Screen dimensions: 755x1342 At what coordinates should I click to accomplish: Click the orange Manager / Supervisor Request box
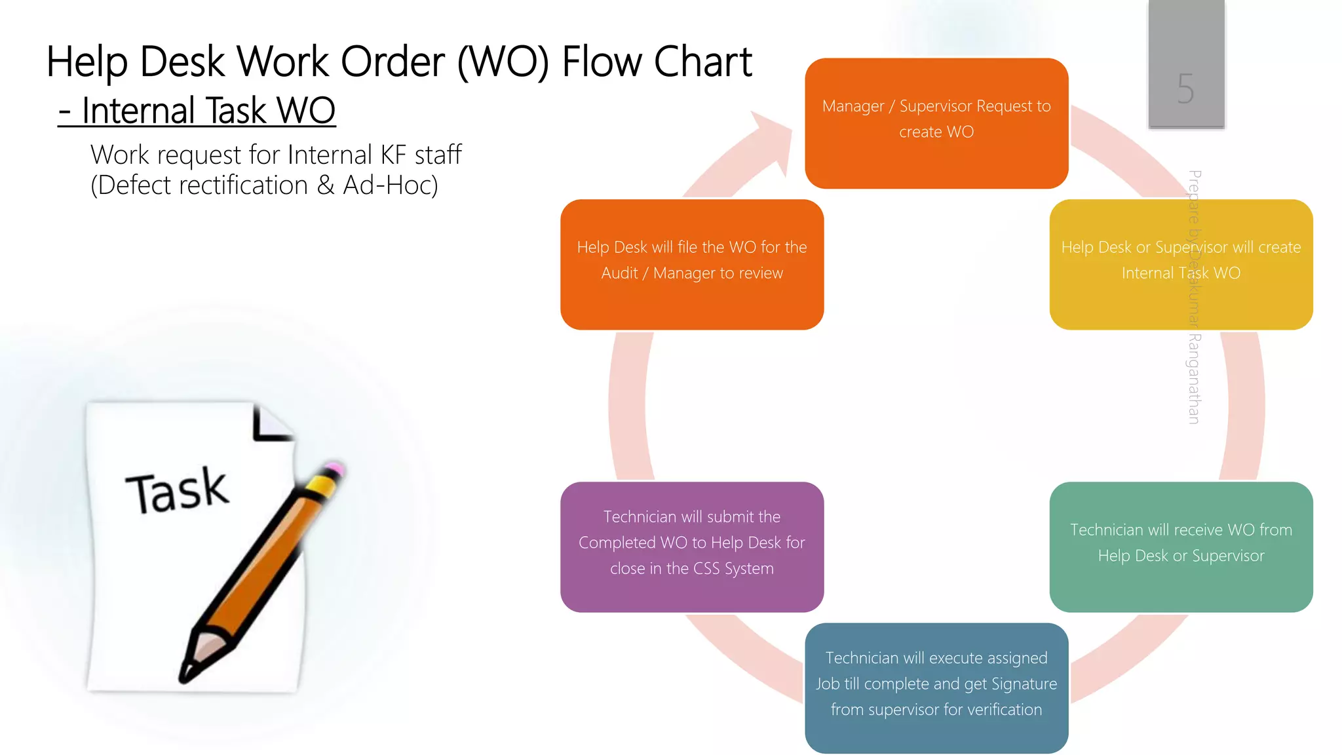tap(936, 123)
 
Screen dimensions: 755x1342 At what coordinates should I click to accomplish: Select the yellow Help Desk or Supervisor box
tap(1181, 264)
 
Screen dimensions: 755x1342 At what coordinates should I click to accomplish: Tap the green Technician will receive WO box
tap(1181, 547)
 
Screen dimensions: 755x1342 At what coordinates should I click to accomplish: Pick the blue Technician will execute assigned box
tap(936, 687)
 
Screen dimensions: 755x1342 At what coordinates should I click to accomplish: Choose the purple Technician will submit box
tap(692, 547)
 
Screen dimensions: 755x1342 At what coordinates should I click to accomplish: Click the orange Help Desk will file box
tap(692, 264)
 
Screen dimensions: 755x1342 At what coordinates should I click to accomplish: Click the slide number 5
tap(1185, 88)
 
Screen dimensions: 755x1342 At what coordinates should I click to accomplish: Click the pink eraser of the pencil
tap(334, 468)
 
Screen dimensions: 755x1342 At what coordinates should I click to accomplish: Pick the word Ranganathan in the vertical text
tap(1194, 379)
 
